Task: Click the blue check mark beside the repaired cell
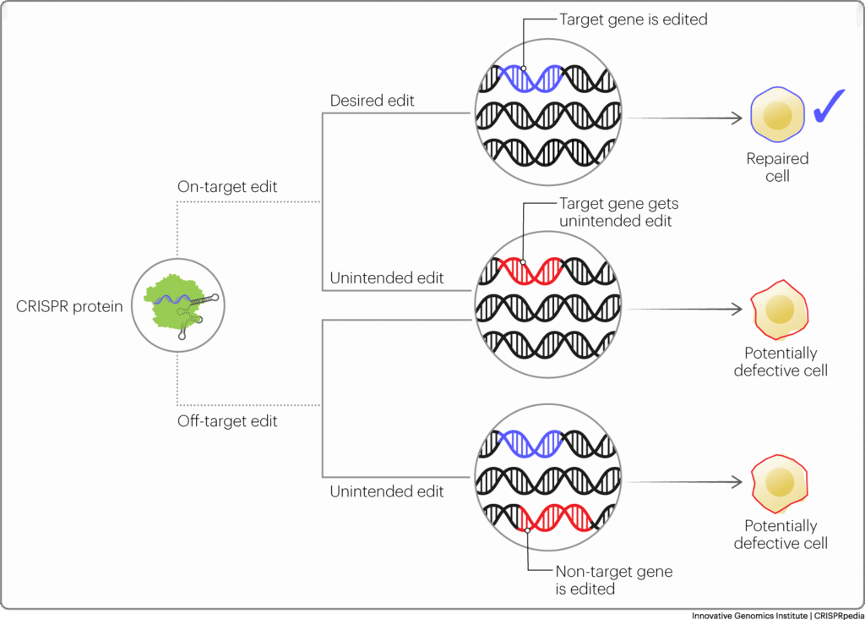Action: (830, 107)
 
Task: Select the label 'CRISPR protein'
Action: (69, 307)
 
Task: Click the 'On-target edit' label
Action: (226, 186)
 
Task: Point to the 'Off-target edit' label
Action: (226, 420)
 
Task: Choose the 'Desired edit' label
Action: (372, 100)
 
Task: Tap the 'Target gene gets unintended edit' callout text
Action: (618, 212)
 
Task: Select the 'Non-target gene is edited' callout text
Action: (613, 579)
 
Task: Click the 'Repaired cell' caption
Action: (777, 167)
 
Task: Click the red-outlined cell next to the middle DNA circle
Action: (779, 310)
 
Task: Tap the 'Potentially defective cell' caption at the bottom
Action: (781, 535)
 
